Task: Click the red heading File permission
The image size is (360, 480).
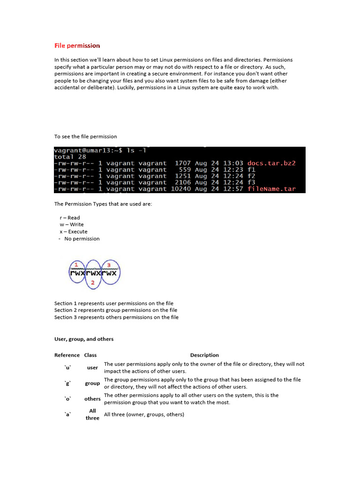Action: pyautogui.click(x=77, y=45)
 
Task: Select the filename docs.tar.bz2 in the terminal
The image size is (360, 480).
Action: pyautogui.click(x=271, y=163)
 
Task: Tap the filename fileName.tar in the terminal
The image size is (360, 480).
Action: pyautogui.click(x=271, y=189)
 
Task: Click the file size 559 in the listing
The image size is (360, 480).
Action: pyautogui.click(x=185, y=170)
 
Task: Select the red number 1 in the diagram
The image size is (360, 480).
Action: pyautogui.click(x=76, y=265)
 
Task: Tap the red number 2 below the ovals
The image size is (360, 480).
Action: pyautogui.click(x=93, y=283)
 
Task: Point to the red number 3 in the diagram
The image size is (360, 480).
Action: pyautogui.click(x=109, y=265)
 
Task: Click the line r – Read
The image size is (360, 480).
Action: pyautogui.click(x=70, y=217)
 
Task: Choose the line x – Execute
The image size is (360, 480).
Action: pyautogui.click(x=73, y=232)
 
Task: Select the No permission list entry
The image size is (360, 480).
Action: pyautogui.click(x=82, y=239)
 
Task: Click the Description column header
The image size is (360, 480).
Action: pyautogui.click(x=204, y=355)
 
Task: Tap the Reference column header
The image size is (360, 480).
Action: pyautogui.click(x=67, y=355)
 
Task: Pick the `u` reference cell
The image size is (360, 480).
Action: pyautogui.click(x=67, y=368)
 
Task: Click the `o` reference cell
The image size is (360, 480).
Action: pyautogui.click(x=67, y=399)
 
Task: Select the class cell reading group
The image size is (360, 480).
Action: pyautogui.click(x=92, y=383)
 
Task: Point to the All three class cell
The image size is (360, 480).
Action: pyautogui.click(x=92, y=414)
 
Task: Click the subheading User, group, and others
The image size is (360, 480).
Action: pyautogui.click(x=84, y=339)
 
